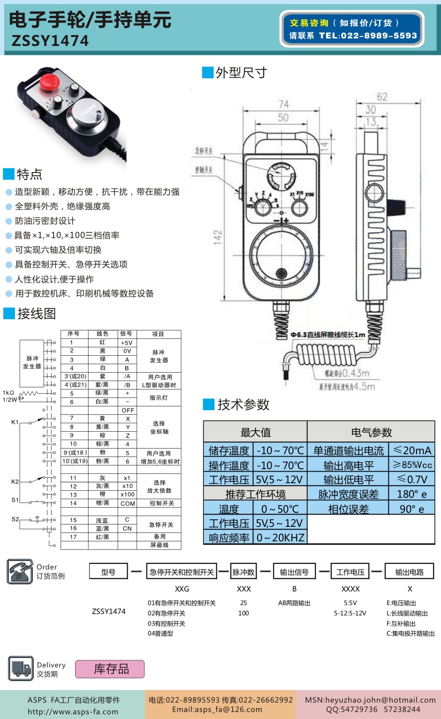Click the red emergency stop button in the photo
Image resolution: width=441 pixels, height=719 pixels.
point(49,82)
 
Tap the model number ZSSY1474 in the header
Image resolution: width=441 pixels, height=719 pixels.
point(50,41)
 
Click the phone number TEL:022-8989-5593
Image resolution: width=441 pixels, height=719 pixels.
point(368,36)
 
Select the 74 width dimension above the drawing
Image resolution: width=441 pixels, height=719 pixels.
point(283,104)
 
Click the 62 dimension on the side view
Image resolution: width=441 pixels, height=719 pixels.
point(382,97)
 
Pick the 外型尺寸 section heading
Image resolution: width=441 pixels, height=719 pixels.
point(241,73)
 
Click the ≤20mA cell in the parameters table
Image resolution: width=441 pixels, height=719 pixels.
point(412,450)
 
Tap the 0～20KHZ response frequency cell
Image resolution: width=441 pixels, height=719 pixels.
point(280,538)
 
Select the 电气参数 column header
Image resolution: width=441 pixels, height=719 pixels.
point(371,432)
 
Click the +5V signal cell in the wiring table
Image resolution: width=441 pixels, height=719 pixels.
point(127,343)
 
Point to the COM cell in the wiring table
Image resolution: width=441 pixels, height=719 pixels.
point(128,503)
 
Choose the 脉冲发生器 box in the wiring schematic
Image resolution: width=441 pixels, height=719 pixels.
point(32,362)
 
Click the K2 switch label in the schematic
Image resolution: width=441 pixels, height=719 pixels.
point(15,481)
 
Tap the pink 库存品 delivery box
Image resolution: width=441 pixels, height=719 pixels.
point(110,669)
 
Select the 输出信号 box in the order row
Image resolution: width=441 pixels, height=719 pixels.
point(294,572)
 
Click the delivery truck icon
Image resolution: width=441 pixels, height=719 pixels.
point(21,668)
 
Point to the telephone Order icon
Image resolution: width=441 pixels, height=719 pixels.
point(20,571)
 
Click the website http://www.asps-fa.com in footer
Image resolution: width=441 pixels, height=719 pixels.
point(73,712)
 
